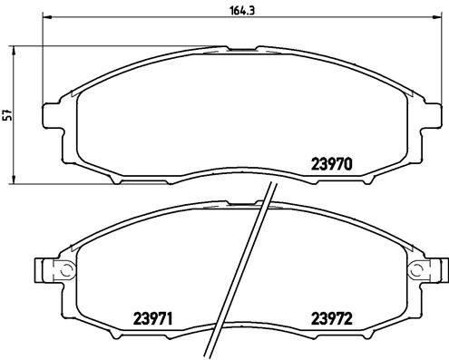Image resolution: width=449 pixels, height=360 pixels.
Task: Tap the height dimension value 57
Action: (8, 115)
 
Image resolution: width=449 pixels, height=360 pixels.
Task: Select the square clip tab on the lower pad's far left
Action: (41, 269)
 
